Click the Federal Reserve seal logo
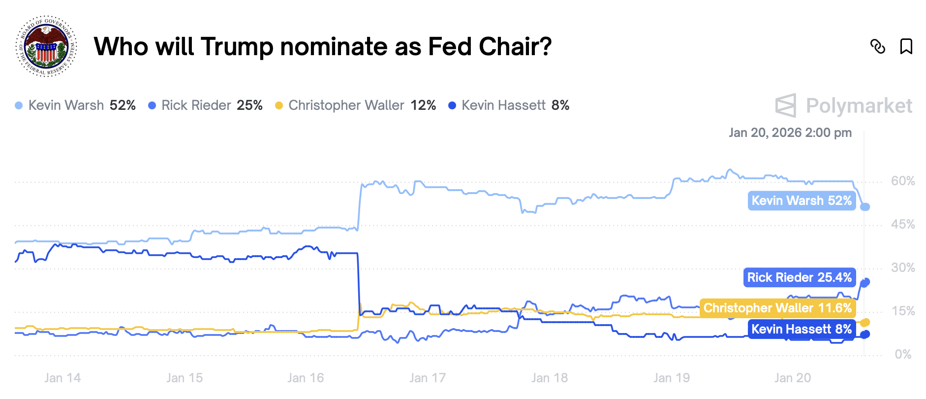(47, 46)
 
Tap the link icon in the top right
(878, 46)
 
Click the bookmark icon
(906, 46)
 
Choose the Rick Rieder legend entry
(205, 105)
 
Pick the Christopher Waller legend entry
(355, 105)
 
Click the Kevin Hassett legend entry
(509, 105)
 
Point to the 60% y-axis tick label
(903, 181)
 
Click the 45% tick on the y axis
(903, 225)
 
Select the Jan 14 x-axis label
(62, 378)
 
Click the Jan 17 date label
(428, 378)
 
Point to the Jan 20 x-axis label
(793, 378)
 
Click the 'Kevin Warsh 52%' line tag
(802, 201)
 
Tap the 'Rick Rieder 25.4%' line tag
(800, 278)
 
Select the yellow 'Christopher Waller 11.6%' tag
(777, 308)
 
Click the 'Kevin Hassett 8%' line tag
(802, 329)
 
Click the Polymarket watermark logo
(844, 105)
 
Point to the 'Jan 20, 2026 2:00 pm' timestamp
(790, 133)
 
